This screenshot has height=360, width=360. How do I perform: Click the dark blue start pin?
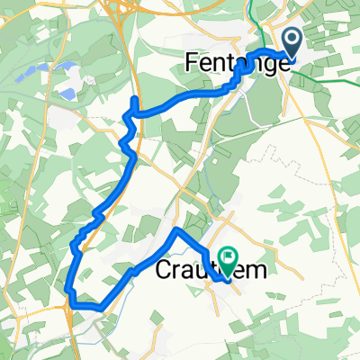(x=294, y=40)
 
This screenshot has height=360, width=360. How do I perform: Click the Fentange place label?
(x=237, y=62)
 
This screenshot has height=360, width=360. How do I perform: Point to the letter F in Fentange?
(x=192, y=62)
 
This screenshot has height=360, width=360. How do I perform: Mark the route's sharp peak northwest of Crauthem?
(x=175, y=231)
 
